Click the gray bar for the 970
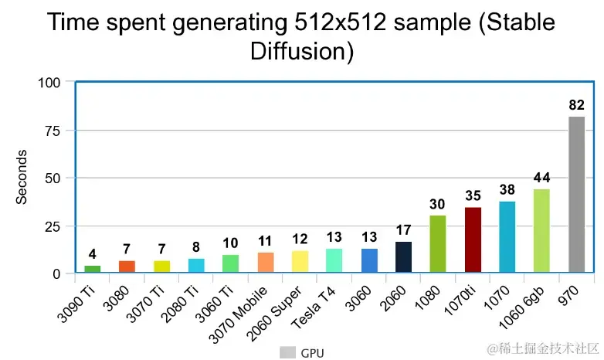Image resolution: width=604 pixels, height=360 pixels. (x=576, y=195)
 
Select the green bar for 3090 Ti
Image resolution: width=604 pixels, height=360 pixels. (x=93, y=269)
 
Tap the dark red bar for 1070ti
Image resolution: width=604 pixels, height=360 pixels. (x=473, y=239)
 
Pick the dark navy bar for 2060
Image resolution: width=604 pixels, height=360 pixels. (x=403, y=257)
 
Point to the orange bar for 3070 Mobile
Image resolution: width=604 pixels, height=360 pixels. (x=265, y=263)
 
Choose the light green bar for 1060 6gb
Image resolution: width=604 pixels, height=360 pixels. (x=541, y=231)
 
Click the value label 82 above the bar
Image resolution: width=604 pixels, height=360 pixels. (x=576, y=104)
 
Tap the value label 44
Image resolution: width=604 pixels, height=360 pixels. (x=541, y=178)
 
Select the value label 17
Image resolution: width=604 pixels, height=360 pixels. (x=403, y=229)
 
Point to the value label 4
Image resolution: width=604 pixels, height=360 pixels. (x=93, y=253)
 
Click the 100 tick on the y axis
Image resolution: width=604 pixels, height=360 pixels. (x=49, y=82)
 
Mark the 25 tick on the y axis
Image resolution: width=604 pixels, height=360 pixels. (x=53, y=226)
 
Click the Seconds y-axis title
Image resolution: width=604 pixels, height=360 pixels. (x=22, y=177)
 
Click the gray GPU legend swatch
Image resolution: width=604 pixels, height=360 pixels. (x=287, y=353)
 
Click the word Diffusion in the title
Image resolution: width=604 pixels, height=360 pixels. (x=301, y=52)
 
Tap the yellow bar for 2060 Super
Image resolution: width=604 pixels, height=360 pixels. (x=300, y=262)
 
